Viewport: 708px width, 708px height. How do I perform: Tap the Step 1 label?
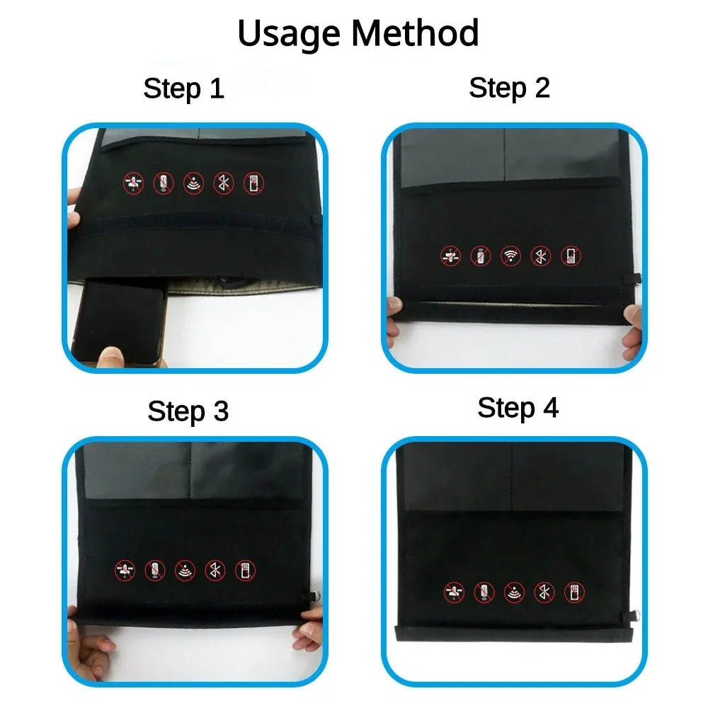pos(183,89)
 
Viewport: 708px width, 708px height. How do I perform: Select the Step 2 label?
pos(509,88)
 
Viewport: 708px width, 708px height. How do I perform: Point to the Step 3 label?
pos(188,411)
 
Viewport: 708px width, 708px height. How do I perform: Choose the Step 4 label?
pos(518,408)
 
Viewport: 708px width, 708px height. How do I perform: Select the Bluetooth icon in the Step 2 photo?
pos(539,256)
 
